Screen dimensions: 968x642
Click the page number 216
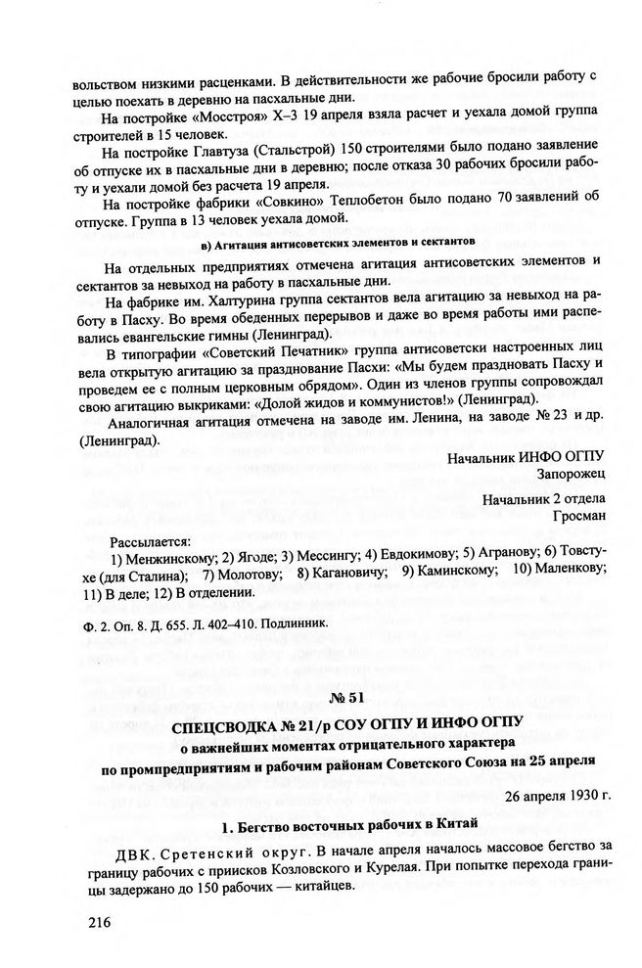click(100, 921)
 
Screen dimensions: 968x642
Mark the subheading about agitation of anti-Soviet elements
click(337, 241)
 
